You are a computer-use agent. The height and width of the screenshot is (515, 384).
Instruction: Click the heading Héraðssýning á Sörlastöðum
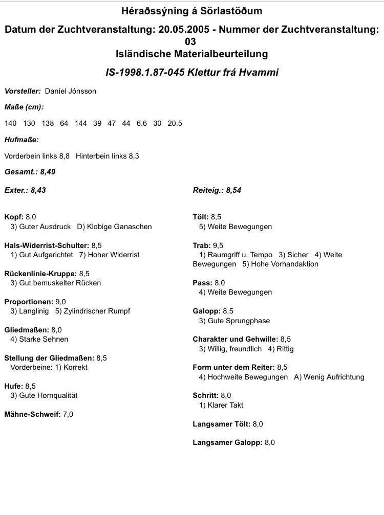coord(192,11)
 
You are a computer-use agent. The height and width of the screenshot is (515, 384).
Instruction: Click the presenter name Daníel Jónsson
coord(71,91)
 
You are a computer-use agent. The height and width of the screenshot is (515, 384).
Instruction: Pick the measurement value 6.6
coord(141,123)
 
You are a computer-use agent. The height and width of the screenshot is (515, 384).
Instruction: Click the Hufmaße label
coord(22,139)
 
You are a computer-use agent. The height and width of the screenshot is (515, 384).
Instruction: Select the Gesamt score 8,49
coord(48,172)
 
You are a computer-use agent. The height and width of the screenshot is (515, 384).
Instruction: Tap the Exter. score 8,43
coord(38,190)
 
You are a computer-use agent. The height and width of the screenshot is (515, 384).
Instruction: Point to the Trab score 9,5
coord(218,245)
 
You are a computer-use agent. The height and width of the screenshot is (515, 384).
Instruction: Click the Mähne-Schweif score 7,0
coord(68,414)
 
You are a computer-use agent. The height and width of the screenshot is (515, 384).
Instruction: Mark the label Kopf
coord(14,217)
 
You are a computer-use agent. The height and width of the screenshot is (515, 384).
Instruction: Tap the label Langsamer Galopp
coord(227,442)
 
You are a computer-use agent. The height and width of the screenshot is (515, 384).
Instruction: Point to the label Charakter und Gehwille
coord(235,339)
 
